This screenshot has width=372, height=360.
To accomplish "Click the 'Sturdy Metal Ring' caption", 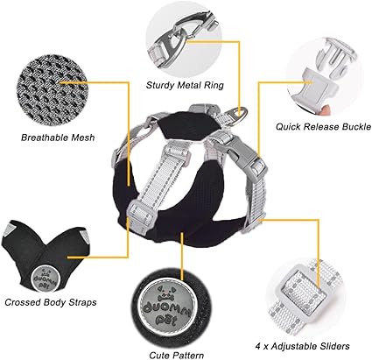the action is tap(185, 86).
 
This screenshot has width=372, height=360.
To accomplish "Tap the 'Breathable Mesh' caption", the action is tap(58, 138).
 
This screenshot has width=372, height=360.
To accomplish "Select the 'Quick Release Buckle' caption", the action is tap(324, 127).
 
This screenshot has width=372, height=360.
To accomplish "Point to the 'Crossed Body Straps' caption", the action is tap(51, 302).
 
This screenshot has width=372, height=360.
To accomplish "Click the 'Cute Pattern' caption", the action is tap(177, 356).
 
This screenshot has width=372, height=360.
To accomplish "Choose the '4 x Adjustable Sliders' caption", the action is tap(302, 347).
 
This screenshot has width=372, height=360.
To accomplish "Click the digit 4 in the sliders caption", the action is tap(258, 347).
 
